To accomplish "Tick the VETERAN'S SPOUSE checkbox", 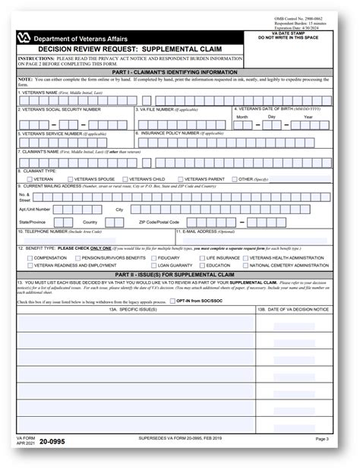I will coord(72,179).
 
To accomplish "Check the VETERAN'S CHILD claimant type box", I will coord(127,179).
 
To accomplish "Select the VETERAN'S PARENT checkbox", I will coord(180,179).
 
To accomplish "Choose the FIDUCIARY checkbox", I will coord(153,258).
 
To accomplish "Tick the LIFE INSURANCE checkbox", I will coord(202,258).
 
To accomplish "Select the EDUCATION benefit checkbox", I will coord(202,266).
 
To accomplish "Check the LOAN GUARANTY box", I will coord(153,266).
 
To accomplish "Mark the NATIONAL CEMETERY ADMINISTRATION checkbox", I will coord(246,266).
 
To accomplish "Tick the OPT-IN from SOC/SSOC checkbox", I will coord(172,301).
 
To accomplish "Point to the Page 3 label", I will coord(321,439).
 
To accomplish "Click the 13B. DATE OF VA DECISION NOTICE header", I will coord(293,310).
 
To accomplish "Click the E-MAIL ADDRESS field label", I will coord(202,231).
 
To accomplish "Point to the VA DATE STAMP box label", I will coord(301,34).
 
